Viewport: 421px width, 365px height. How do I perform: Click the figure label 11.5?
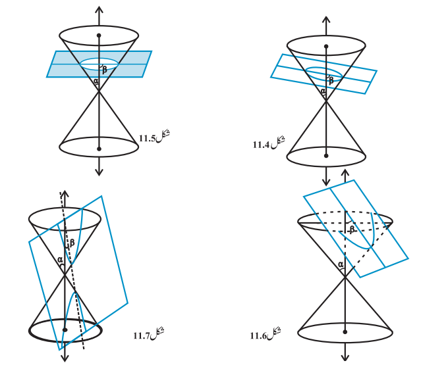(x=154, y=137)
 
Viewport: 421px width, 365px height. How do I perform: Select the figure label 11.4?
(x=269, y=143)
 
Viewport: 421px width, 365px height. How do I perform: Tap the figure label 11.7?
(x=149, y=334)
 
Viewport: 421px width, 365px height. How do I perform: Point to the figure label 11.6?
(x=266, y=334)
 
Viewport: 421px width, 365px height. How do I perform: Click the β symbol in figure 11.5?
(x=105, y=70)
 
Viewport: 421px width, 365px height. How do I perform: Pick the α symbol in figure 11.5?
(x=96, y=80)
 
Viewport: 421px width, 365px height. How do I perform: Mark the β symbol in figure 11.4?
(x=331, y=80)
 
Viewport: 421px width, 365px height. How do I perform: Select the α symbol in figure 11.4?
(x=323, y=91)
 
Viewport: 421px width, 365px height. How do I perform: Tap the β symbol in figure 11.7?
(x=72, y=243)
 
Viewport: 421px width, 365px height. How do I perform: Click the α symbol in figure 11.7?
(x=60, y=259)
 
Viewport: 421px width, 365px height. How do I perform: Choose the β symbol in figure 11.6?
(x=352, y=229)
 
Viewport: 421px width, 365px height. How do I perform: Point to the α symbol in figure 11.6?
(x=341, y=264)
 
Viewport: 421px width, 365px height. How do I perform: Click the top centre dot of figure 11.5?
(x=99, y=36)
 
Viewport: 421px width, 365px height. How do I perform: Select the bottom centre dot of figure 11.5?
(x=99, y=149)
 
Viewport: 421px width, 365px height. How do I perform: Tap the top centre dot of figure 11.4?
(x=326, y=46)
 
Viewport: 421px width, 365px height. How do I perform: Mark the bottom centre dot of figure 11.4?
(x=326, y=156)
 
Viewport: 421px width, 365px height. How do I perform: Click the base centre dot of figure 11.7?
(x=65, y=329)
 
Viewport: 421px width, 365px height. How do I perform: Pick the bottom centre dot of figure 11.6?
(x=345, y=331)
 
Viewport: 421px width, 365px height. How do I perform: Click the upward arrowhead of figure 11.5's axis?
(x=99, y=10)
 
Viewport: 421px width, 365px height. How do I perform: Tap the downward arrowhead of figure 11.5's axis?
(x=99, y=172)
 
